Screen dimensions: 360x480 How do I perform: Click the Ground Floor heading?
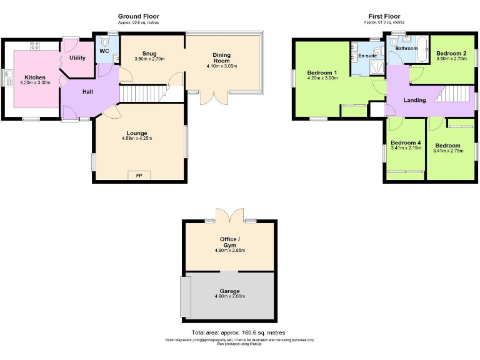pos(138,16)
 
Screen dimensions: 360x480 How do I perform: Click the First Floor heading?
pos(384,16)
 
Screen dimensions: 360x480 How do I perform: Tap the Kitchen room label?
pos(35,77)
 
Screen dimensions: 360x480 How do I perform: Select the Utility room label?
pos(77,57)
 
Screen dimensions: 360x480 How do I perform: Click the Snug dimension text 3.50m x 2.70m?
pos(149,59)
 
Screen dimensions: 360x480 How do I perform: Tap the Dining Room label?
pos(222,57)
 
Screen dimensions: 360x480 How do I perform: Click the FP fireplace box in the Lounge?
pos(139,176)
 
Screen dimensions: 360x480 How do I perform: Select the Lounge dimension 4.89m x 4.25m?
pos(137,138)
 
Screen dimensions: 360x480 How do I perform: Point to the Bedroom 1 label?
pos(322,73)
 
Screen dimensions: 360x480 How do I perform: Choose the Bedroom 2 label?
pos(451,54)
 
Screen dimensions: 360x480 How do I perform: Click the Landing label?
pos(414,100)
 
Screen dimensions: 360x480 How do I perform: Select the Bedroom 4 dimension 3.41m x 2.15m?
pos(405,149)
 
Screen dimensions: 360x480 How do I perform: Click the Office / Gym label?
pos(229,242)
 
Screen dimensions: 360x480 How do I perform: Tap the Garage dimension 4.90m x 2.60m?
pos(229,296)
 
